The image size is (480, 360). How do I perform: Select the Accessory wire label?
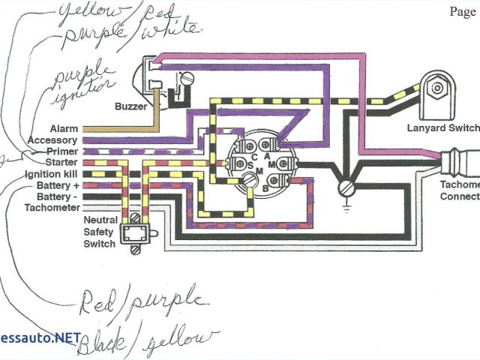pos(52,140)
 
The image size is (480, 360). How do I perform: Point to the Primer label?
pos(61,151)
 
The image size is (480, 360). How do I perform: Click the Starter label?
pos(61,162)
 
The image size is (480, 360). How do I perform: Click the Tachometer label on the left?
pos(53,207)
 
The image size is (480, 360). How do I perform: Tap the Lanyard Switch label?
pos(442,127)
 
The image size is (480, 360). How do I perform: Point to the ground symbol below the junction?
pos(346,190)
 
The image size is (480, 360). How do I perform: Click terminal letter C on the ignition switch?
pos(254,156)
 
